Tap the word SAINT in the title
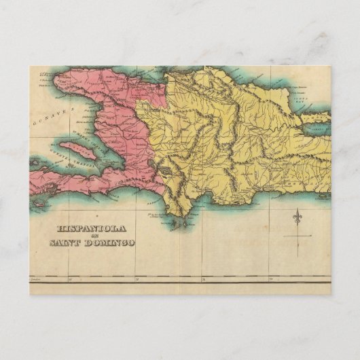[x=67, y=242]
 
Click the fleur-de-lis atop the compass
[x=298, y=218]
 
